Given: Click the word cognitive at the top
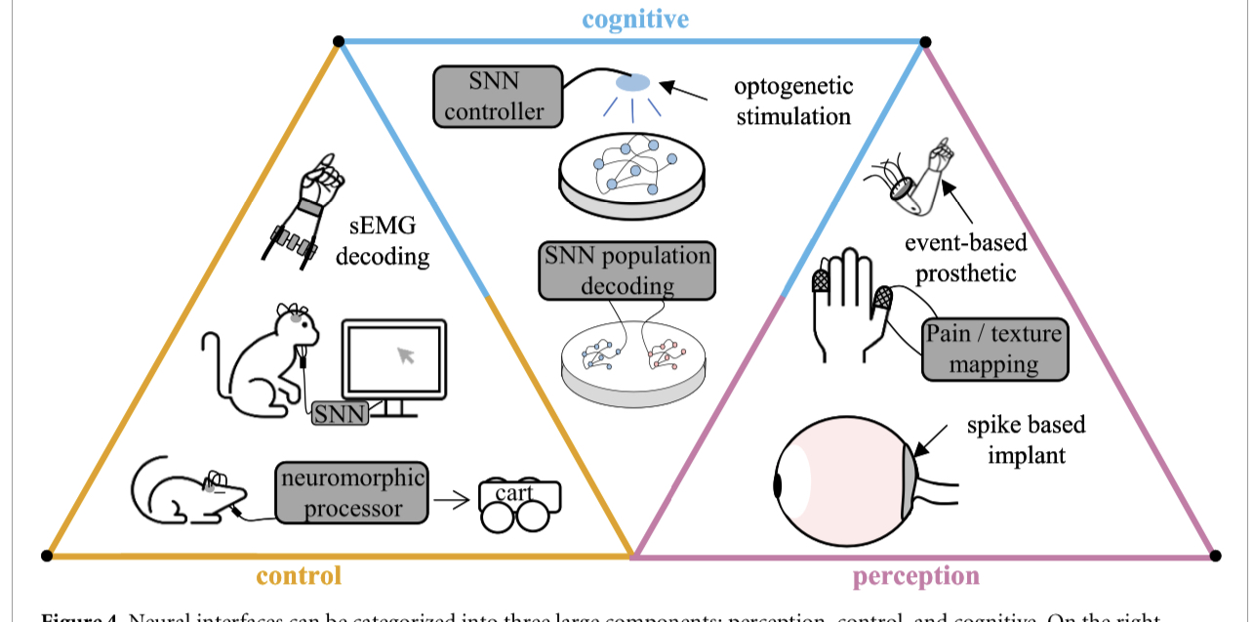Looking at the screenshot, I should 635,19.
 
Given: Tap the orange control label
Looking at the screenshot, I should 299,575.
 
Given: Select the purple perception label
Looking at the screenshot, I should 915,576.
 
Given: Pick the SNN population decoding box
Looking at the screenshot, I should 627,271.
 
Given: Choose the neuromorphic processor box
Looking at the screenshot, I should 353,493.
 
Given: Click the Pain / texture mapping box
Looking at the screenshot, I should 994,350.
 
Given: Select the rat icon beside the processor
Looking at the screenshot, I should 185,488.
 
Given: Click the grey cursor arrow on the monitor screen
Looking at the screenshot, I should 406,354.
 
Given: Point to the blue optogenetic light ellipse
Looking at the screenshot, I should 632,84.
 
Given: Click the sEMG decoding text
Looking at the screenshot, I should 389,242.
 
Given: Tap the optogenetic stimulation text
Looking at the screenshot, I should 793,101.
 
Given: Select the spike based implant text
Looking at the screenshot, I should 1026,439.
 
